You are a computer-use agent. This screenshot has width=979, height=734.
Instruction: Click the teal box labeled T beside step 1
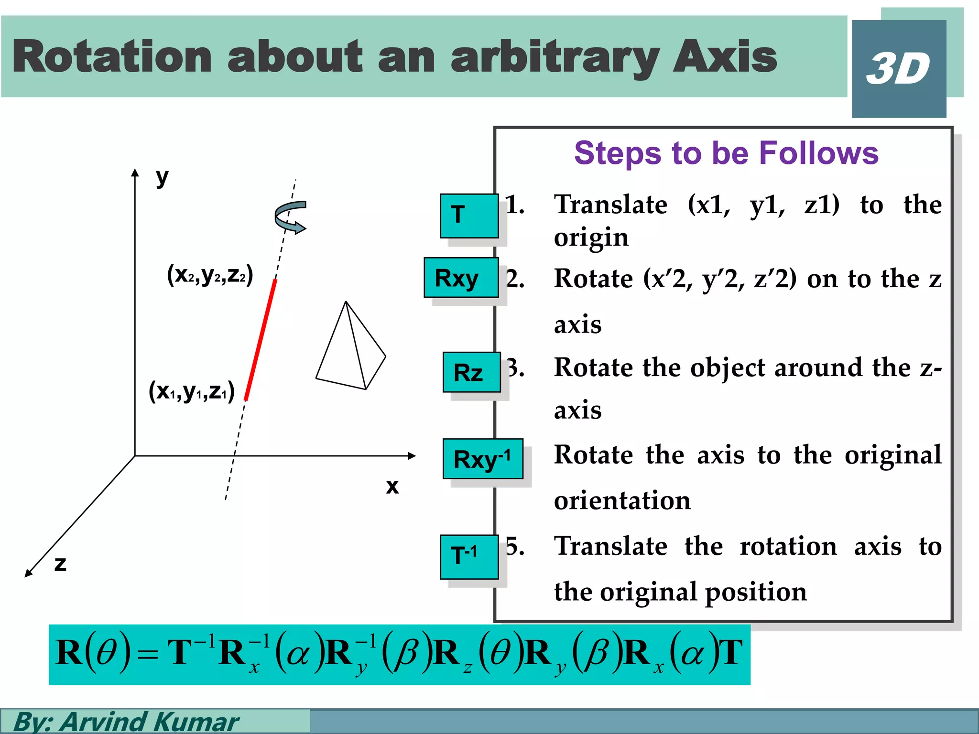[469, 216]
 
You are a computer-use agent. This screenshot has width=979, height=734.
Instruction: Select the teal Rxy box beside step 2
[461, 278]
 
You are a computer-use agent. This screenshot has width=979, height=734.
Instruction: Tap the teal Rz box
[471, 372]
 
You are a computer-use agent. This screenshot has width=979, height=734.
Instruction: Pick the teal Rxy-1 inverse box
[482, 459]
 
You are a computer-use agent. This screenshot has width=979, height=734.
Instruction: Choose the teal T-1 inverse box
[469, 557]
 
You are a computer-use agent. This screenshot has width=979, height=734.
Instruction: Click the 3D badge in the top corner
[899, 69]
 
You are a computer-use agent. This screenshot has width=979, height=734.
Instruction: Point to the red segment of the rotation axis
[261, 340]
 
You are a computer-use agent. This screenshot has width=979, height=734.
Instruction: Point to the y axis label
[162, 177]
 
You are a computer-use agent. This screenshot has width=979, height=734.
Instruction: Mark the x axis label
[392, 486]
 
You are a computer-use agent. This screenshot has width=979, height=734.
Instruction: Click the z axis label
[60, 564]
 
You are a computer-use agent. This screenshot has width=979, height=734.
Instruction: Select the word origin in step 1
[591, 237]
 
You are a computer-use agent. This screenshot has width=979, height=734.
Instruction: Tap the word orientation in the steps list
[622, 500]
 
